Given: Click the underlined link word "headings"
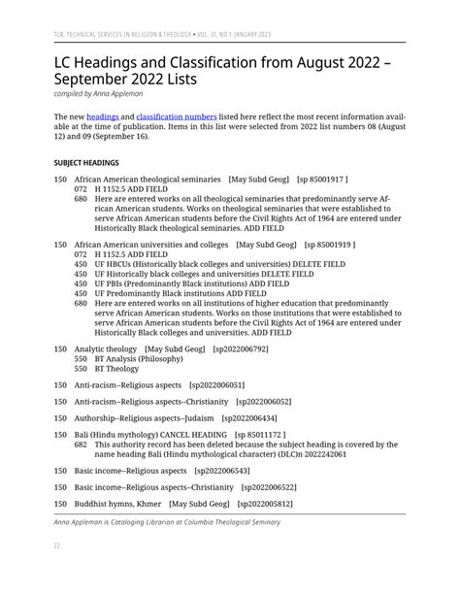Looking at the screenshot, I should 102,116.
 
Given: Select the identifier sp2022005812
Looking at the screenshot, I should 265,504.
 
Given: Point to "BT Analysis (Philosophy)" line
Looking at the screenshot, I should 135,359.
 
